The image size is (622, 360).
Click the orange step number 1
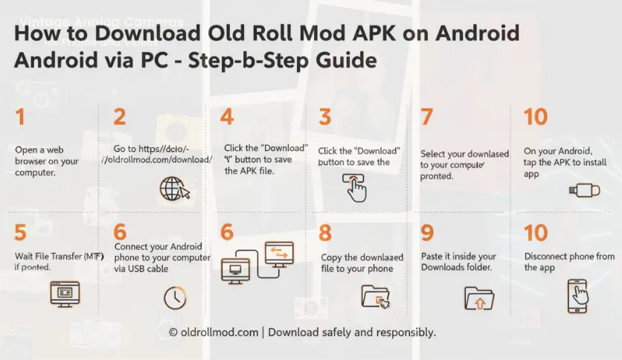click(x=19, y=117)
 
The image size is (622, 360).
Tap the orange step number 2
click(x=120, y=117)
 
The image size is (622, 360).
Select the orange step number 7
click(x=426, y=117)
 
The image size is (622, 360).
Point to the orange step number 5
click(x=21, y=232)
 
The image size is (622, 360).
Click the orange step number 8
click(x=325, y=232)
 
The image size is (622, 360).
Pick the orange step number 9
click(x=427, y=232)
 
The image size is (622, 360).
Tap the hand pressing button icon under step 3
click(x=355, y=187)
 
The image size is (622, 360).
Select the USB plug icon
click(x=584, y=190)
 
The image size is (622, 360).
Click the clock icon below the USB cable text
click(x=175, y=298)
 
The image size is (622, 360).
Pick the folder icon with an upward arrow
click(x=478, y=298)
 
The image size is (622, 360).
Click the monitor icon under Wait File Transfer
click(x=63, y=295)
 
